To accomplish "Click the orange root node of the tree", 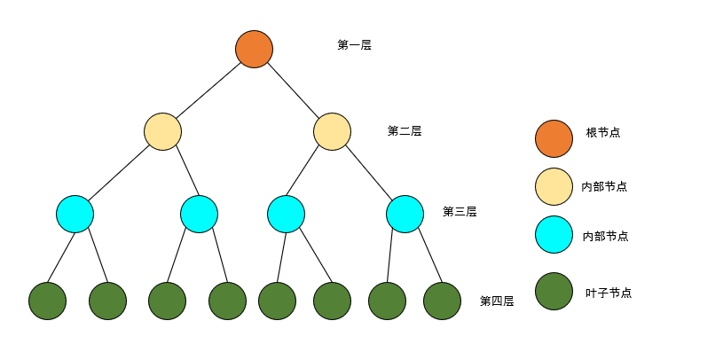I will point(254,49).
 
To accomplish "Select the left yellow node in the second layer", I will point(163,131).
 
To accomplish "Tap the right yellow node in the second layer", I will point(332,131).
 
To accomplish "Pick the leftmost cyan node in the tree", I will point(75,214).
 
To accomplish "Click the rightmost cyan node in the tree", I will point(405,214).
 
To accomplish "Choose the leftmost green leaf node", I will point(47,301).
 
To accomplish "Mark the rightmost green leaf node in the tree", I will point(442,301).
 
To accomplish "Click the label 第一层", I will point(354,44).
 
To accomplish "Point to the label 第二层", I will point(404,130).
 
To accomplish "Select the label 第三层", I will point(460,212).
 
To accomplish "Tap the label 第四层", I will point(496,301).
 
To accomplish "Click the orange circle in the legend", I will point(554,138).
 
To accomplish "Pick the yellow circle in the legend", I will point(554,186).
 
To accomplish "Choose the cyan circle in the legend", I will point(554,235).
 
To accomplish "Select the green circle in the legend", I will point(554,291).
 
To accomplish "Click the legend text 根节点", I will point(603,132).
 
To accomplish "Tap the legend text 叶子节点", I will point(609,293).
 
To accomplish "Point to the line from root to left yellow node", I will point(208,90).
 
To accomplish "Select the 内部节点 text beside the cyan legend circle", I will point(605,236).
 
